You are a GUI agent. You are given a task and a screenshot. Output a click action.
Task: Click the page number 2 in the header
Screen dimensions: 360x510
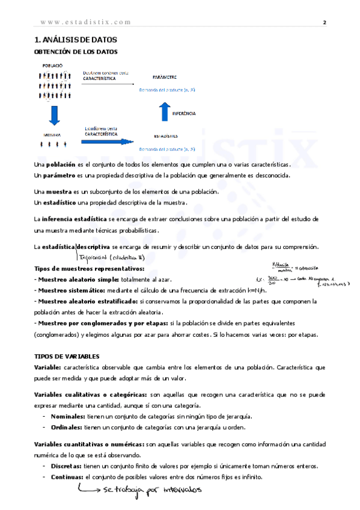(325, 22)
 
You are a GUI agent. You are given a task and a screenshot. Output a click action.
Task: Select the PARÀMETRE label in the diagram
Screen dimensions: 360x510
(165, 78)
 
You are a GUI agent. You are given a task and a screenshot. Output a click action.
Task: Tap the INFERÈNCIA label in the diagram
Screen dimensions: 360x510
(184, 113)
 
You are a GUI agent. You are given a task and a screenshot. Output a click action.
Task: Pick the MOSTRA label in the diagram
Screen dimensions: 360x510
(52, 135)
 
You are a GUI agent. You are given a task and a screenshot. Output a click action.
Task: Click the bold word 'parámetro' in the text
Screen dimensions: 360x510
(59, 176)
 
